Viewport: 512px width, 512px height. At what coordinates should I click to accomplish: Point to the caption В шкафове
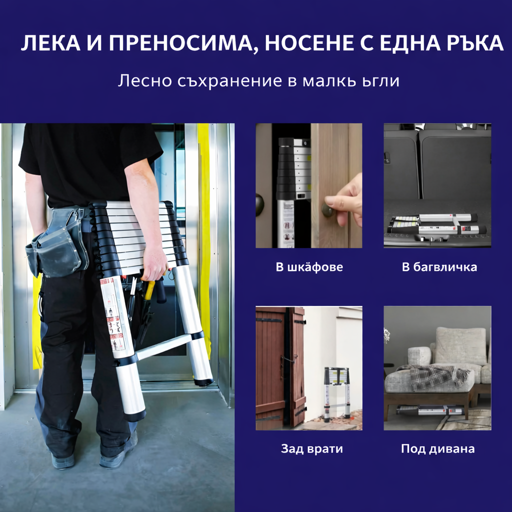pyautogui.click(x=309, y=267)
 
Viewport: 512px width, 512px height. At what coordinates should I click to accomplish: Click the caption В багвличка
pyautogui.click(x=439, y=267)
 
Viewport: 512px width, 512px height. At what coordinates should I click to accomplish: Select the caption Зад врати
pyautogui.click(x=311, y=448)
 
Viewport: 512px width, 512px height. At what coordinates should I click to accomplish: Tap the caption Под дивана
pyautogui.click(x=437, y=448)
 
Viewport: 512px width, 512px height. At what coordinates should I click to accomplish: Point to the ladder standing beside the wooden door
pyautogui.click(x=337, y=392)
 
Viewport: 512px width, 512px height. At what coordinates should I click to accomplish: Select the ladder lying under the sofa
pyautogui.click(x=430, y=410)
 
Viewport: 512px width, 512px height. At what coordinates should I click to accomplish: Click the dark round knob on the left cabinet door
pyautogui.click(x=259, y=205)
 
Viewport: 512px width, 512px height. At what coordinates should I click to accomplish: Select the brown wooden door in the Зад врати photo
pyautogui.click(x=271, y=367)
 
